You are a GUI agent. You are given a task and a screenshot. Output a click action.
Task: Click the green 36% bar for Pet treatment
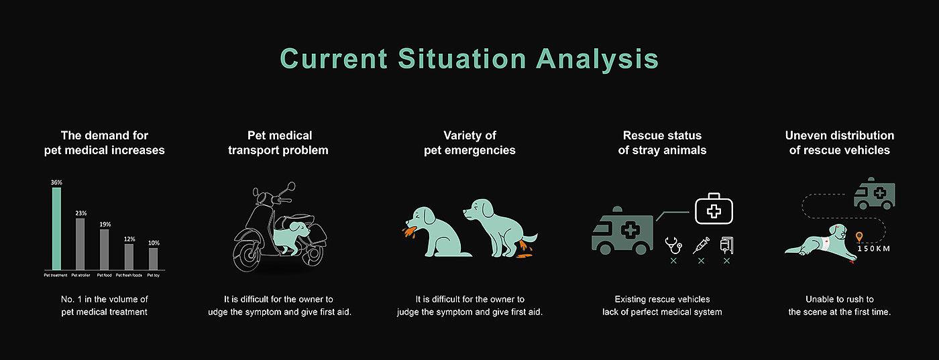(x=56, y=229)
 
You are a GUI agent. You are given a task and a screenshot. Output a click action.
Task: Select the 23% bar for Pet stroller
(x=80, y=244)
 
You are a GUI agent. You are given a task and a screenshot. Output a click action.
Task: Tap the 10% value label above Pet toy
(x=154, y=243)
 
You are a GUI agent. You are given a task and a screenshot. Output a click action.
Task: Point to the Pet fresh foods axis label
(x=129, y=276)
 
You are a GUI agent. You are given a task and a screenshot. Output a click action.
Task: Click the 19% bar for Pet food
(x=105, y=249)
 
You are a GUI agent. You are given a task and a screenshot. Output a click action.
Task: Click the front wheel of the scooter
(x=247, y=253)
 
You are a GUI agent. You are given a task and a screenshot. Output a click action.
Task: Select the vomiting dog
(x=436, y=233)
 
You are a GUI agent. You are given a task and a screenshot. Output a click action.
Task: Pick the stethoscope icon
(x=673, y=245)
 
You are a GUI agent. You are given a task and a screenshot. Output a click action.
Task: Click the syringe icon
(x=701, y=245)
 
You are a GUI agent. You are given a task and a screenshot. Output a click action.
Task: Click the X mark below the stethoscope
(x=673, y=261)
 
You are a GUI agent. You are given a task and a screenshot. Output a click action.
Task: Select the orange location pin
(x=859, y=237)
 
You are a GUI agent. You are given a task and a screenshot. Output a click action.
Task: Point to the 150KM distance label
(x=873, y=249)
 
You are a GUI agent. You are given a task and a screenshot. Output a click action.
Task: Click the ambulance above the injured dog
(x=875, y=194)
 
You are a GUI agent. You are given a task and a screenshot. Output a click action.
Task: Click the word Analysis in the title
(x=598, y=59)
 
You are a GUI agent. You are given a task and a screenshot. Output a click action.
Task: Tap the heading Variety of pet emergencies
(x=469, y=143)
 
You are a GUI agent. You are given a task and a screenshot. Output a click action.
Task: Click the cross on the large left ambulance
(x=630, y=230)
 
